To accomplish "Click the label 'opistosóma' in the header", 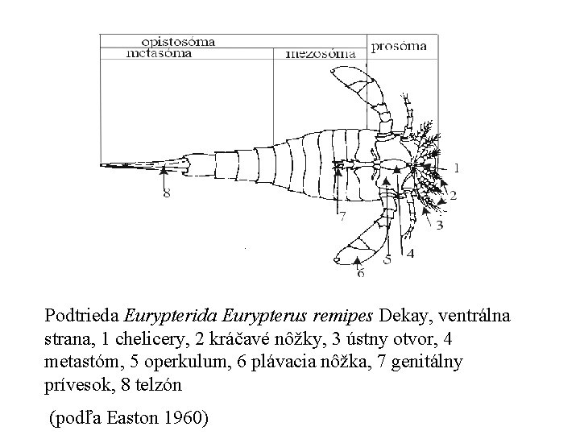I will pos(178,41).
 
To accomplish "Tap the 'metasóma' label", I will pos(159,54).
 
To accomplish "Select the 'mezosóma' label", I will pos(321,55).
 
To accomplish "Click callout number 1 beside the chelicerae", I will pos(457,168).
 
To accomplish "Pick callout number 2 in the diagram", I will pos(453,194).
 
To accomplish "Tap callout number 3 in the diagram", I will pos(439,225).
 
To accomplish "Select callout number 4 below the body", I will pos(411,253).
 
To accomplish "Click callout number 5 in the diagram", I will pos(387,259).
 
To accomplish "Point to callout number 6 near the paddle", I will pos(360,273).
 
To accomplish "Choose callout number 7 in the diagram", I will pos(342,216).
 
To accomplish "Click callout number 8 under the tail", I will pos(166,193).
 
